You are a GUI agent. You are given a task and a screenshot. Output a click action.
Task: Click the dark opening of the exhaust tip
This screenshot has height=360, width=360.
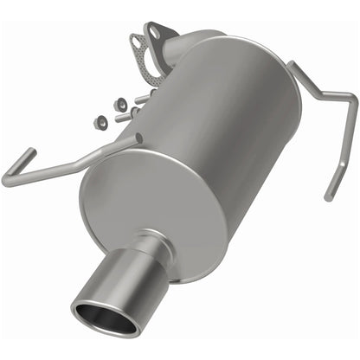(x=105, y=318)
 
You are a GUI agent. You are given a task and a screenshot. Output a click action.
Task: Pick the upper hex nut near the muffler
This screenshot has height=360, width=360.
(x=122, y=104)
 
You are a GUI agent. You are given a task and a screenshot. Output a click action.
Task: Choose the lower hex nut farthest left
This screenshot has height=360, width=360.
(x=102, y=120)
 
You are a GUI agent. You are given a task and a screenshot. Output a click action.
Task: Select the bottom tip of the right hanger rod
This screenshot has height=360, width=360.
(x=328, y=196)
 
